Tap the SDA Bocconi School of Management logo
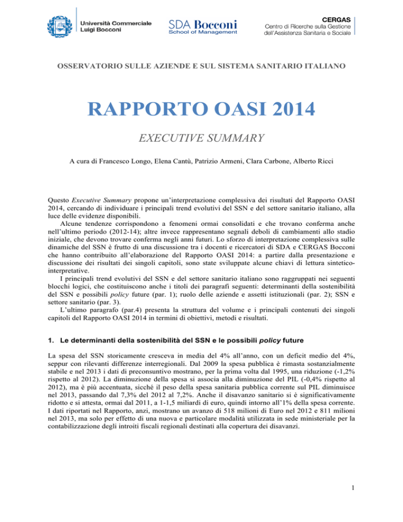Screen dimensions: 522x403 pyautogui.click(x=203, y=25)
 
